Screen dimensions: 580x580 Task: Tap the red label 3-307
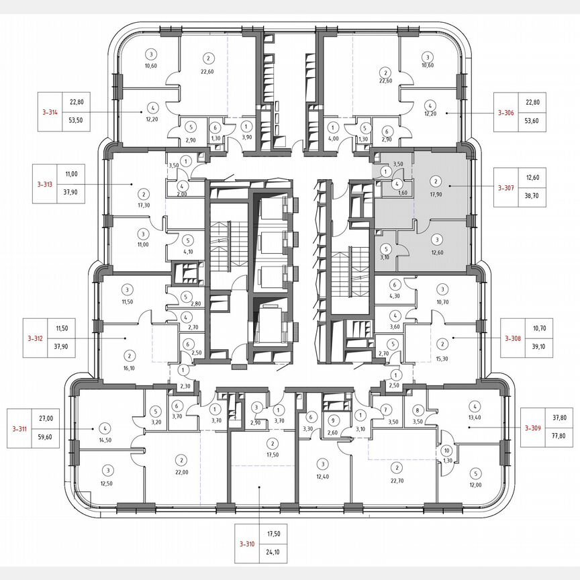[505, 187]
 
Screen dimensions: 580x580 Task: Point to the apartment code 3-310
[247, 544]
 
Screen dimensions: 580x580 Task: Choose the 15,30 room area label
[442, 359]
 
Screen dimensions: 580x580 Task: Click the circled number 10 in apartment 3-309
[446, 452]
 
